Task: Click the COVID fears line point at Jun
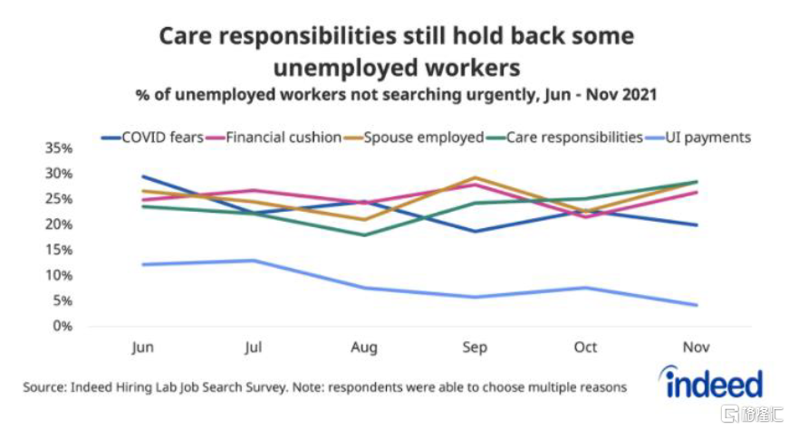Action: point(142,176)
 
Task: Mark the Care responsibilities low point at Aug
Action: point(364,235)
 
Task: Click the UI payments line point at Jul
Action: point(253,261)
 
